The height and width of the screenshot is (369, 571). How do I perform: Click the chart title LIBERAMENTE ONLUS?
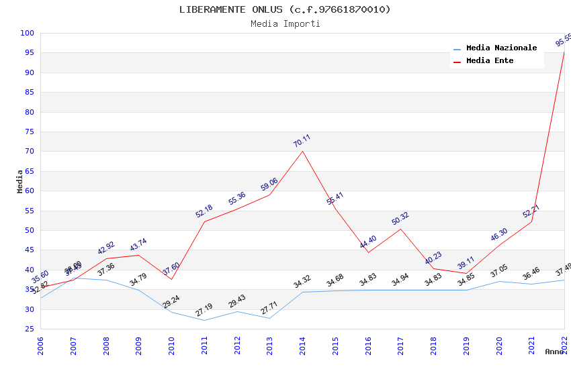pyautogui.click(x=285, y=9)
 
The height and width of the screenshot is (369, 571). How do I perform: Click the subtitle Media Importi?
pyautogui.click(x=285, y=23)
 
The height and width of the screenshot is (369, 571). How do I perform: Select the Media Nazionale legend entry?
pyautogui.click(x=501, y=48)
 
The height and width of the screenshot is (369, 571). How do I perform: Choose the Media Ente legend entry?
pyautogui.click(x=490, y=60)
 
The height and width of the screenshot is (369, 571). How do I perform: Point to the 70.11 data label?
pyautogui.click(x=302, y=141)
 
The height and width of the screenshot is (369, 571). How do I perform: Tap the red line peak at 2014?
pyautogui.click(x=302, y=151)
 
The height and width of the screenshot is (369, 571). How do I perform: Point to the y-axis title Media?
pyautogui.click(x=19, y=181)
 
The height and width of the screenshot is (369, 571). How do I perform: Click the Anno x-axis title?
pyautogui.click(x=554, y=352)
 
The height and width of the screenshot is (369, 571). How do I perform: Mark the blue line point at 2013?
pyautogui.click(x=269, y=318)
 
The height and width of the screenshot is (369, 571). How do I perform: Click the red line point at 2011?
pyautogui.click(x=204, y=222)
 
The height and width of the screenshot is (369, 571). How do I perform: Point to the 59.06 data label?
pyautogui.click(x=269, y=184)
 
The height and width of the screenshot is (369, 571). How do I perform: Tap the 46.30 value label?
pyautogui.click(x=499, y=234)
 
